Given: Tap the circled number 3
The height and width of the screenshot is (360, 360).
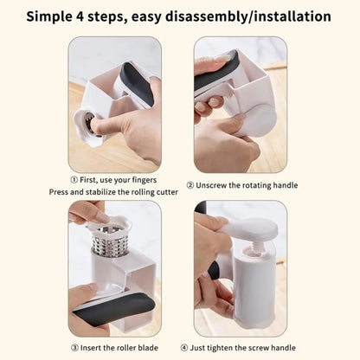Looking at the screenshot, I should pyautogui.click(x=76, y=345).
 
